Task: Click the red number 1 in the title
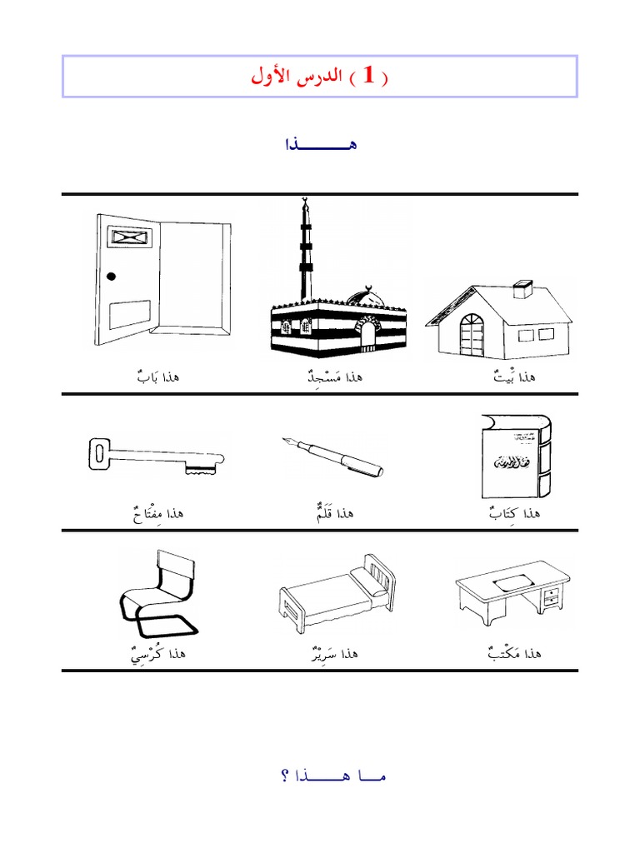pos(369,75)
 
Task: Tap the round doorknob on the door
pos(111,277)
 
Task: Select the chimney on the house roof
pos(523,289)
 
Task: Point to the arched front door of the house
pos(472,335)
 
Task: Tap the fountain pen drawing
pos(332,456)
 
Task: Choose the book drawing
pos(516,456)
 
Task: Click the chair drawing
pos(157,593)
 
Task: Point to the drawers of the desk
pos(552,596)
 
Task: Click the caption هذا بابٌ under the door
pos(158,376)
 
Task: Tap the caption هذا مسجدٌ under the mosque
pos(335,377)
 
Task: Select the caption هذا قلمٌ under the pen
pos(335,512)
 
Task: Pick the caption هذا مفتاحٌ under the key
pos(158,513)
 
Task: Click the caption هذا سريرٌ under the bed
pos(335,653)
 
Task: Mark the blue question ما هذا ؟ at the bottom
pos(333,776)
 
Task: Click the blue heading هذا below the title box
pos(321,144)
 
